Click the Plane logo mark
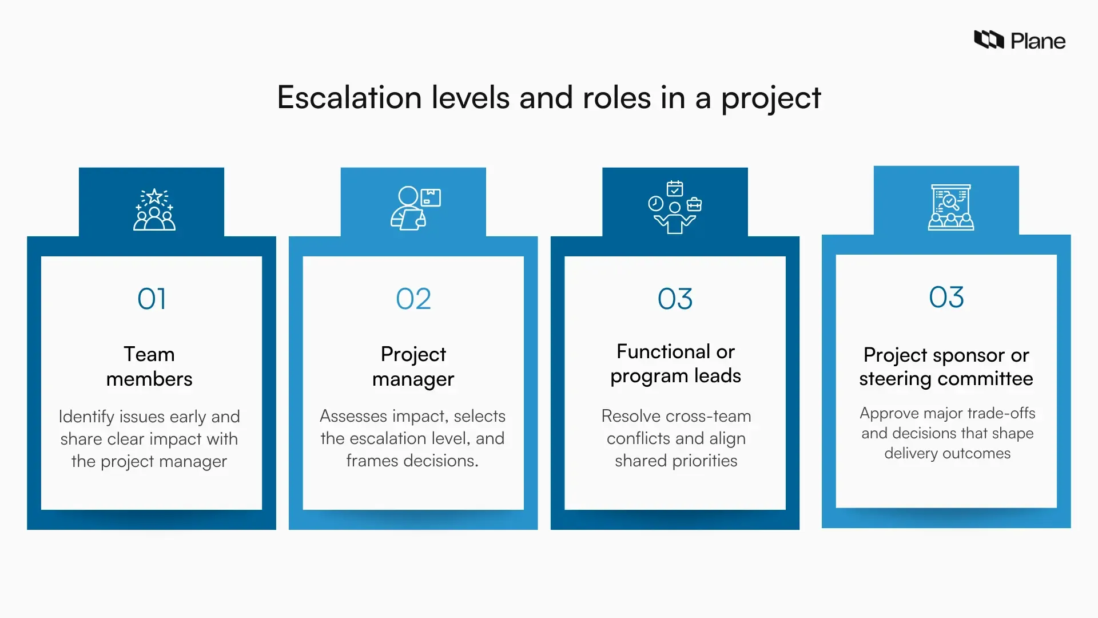pyautogui.click(x=989, y=39)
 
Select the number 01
pyautogui.click(x=152, y=299)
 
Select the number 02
pyautogui.click(x=413, y=299)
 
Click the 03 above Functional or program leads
pyautogui.click(x=675, y=299)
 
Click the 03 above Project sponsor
pyautogui.click(x=946, y=297)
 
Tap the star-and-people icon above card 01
pyautogui.click(x=154, y=209)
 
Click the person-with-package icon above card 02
pyautogui.click(x=415, y=208)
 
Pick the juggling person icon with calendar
pyautogui.click(x=675, y=207)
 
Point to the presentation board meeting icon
pyautogui.click(x=950, y=207)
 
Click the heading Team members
pyautogui.click(x=149, y=366)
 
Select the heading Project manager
pyautogui.click(x=413, y=366)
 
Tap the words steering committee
pyautogui.click(x=946, y=379)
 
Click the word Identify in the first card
pyautogui.click(x=86, y=417)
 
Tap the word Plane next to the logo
pyautogui.click(x=1038, y=41)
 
